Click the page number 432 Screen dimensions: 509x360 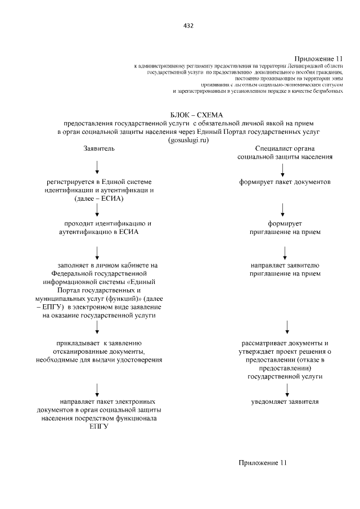click(x=188, y=25)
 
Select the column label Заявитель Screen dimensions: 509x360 click(x=99, y=148)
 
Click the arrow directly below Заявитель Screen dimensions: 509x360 click(x=98, y=166)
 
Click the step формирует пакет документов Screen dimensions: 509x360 click(x=284, y=182)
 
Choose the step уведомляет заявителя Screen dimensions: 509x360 click(x=285, y=402)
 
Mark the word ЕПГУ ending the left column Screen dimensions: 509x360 click(x=98, y=427)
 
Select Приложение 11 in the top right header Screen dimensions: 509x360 click(x=319, y=58)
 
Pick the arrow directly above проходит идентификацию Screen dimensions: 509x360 click(x=98, y=210)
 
